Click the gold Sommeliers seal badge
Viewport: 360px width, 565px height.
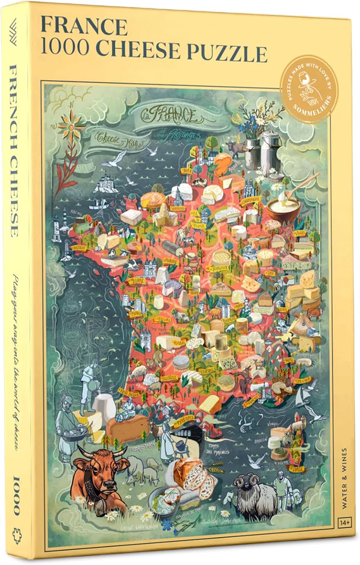pyautogui.click(x=309, y=87)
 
